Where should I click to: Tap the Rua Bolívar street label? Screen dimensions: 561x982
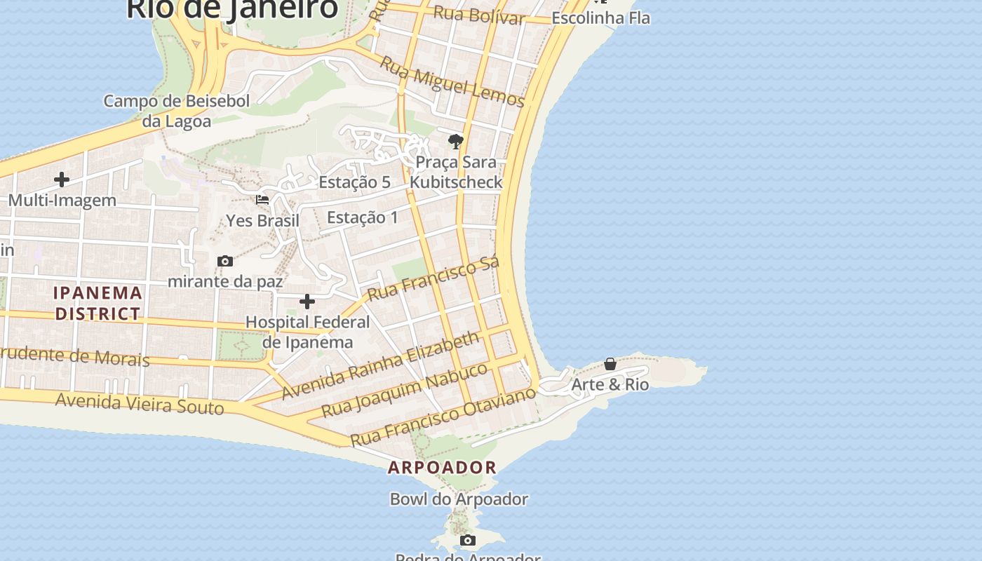pyautogui.click(x=479, y=15)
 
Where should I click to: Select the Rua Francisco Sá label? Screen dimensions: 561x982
pyautogui.click(x=433, y=278)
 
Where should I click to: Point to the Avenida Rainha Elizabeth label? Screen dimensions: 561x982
pyautogui.click(x=381, y=365)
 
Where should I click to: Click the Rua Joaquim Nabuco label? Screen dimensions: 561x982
pyautogui.click(x=404, y=390)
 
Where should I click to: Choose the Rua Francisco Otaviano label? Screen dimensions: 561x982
pyautogui.click(x=443, y=417)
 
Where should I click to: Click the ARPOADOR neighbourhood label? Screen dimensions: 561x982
pyautogui.click(x=442, y=467)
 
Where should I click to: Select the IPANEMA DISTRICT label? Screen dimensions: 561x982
pyautogui.click(x=98, y=303)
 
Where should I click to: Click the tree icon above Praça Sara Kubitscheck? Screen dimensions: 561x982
pyautogui.click(x=456, y=142)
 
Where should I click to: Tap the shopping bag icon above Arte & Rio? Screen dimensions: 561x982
pyautogui.click(x=610, y=364)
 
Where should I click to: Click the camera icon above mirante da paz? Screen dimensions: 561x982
pyautogui.click(x=225, y=262)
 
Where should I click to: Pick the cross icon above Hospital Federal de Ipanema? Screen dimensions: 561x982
pyautogui.click(x=307, y=302)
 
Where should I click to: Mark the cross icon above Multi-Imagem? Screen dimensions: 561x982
pyautogui.click(x=62, y=180)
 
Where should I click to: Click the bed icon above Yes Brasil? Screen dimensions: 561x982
pyautogui.click(x=262, y=200)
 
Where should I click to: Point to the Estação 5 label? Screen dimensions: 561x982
pyautogui.click(x=354, y=182)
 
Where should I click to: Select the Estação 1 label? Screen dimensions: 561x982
pyautogui.click(x=363, y=217)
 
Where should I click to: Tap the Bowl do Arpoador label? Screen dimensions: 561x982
pyautogui.click(x=459, y=499)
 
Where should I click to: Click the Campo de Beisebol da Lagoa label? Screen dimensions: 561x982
pyautogui.click(x=177, y=111)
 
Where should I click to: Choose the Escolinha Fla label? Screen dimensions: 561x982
pyautogui.click(x=600, y=18)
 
